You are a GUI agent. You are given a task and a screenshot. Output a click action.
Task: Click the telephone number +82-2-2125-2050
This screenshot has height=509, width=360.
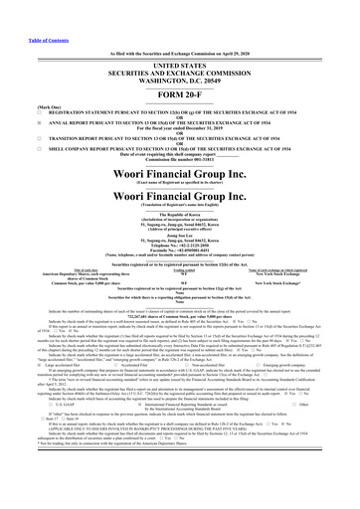[179, 248]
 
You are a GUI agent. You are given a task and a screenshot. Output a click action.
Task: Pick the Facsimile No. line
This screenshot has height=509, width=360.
[179, 253]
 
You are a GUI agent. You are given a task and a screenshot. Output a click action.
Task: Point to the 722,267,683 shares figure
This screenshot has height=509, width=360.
[179, 312]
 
